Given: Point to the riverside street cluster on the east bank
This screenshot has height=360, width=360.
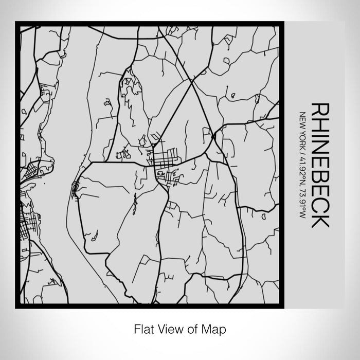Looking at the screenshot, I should pos(76,188).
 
